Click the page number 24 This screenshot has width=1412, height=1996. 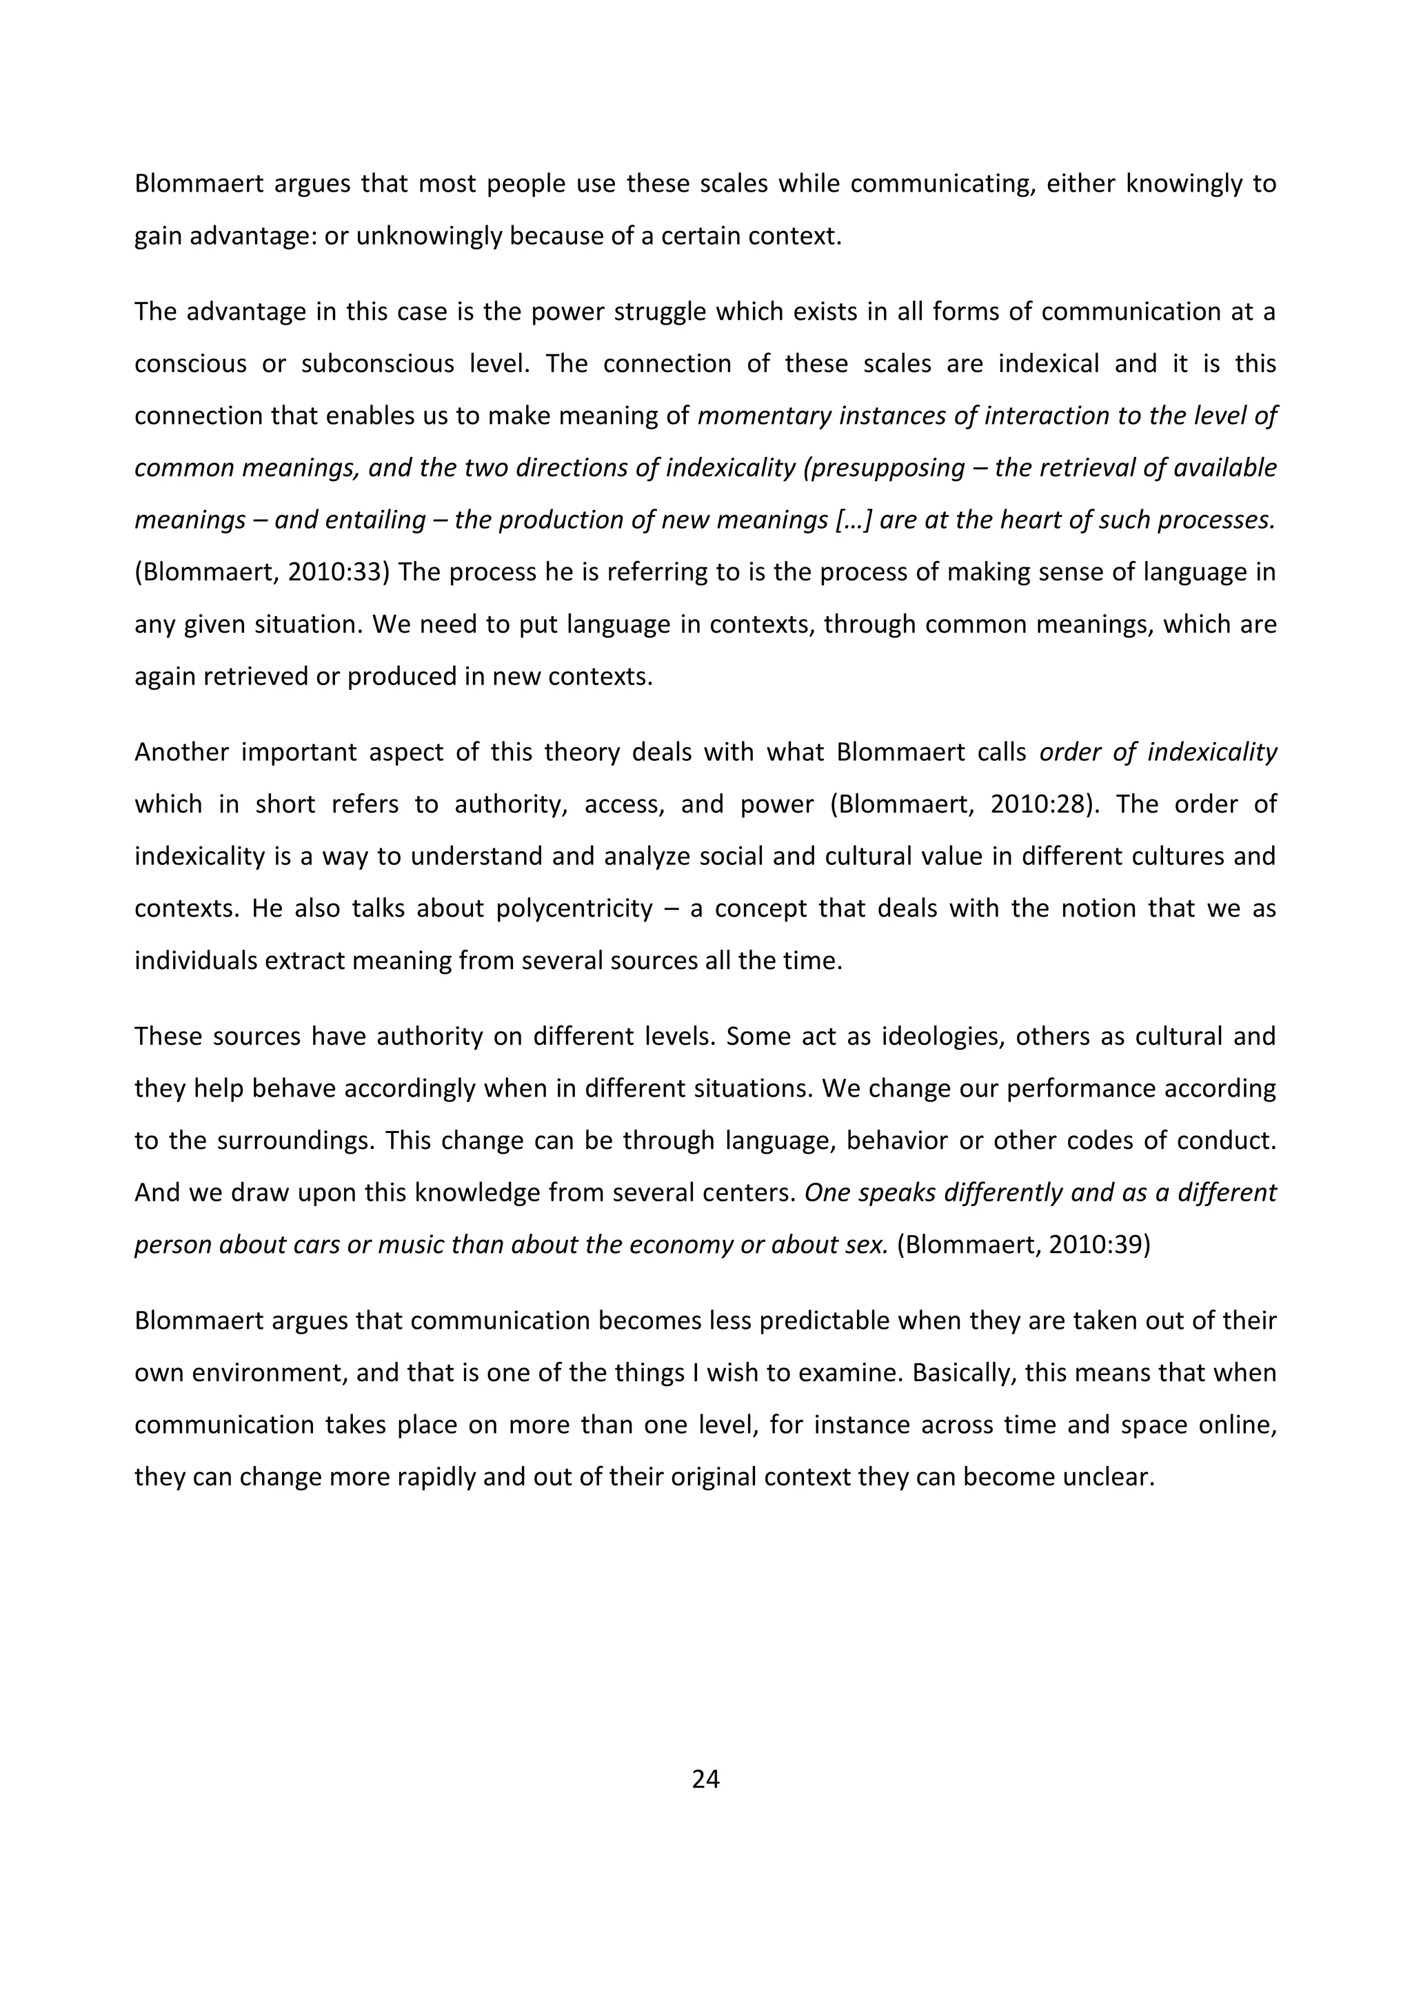coord(705,1780)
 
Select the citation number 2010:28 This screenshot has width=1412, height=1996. coord(1039,804)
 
